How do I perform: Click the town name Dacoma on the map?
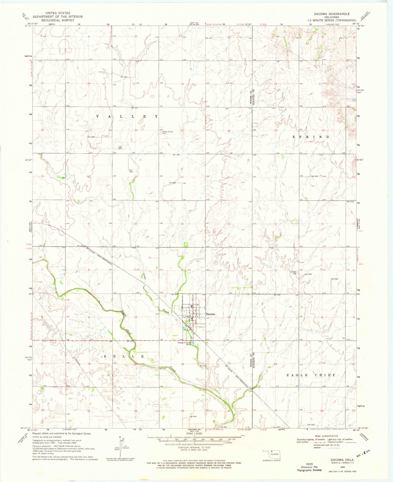coord(210,314)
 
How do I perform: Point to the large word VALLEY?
coord(127,116)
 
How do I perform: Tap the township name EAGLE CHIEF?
coord(311,375)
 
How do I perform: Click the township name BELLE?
coord(124,357)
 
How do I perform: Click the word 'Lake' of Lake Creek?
coord(145,276)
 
